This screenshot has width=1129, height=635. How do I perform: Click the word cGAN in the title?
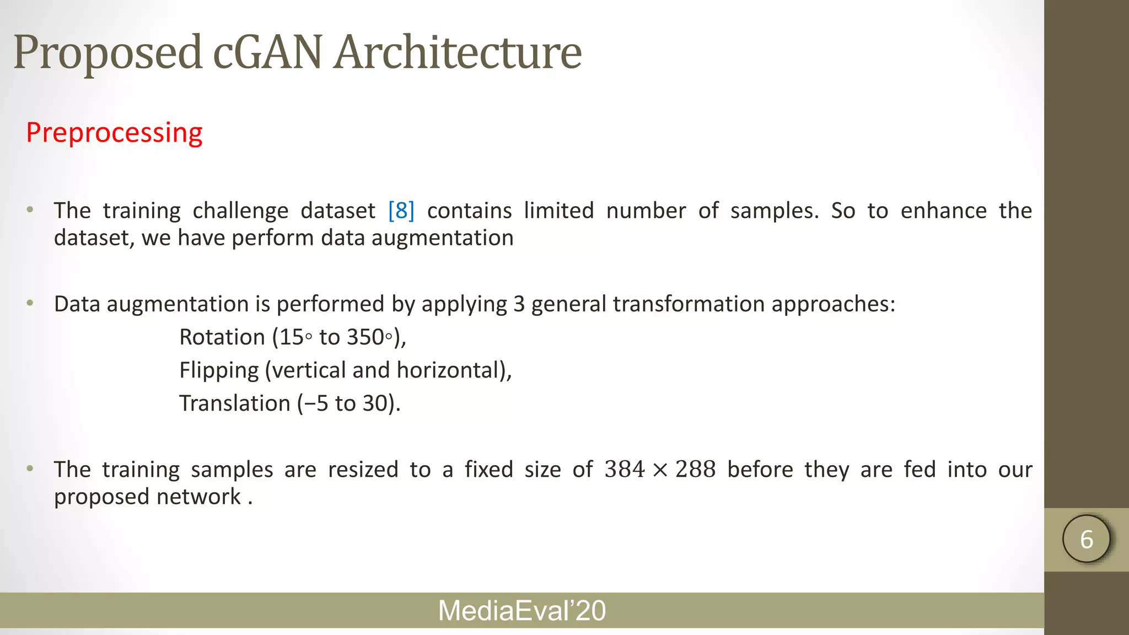click(x=267, y=53)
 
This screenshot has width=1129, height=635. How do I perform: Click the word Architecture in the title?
click(x=458, y=53)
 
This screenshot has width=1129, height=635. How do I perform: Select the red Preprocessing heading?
click(x=114, y=133)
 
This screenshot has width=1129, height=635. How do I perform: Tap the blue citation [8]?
click(x=401, y=211)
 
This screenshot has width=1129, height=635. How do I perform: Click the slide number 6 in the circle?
click(x=1087, y=539)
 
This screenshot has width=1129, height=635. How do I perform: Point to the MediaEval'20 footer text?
click(x=522, y=611)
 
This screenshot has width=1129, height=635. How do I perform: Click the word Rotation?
click(x=222, y=337)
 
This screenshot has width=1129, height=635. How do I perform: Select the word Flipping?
click(x=219, y=370)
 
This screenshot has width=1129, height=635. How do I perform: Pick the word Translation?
click(x=234, y=403)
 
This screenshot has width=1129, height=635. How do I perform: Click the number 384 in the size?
click(x=625, y=470)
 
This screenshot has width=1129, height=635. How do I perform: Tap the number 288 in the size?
click(x=695, y=470)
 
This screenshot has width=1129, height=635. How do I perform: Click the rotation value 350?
click(x=365, y=337)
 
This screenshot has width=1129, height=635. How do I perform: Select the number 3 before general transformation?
click(x=519, y=304)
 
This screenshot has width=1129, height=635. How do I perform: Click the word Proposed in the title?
click(x=107, y=53)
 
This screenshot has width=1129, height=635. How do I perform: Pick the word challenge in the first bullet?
click(x=240, y=211)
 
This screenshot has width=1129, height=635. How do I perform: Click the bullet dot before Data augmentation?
click(x=30, y=303)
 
